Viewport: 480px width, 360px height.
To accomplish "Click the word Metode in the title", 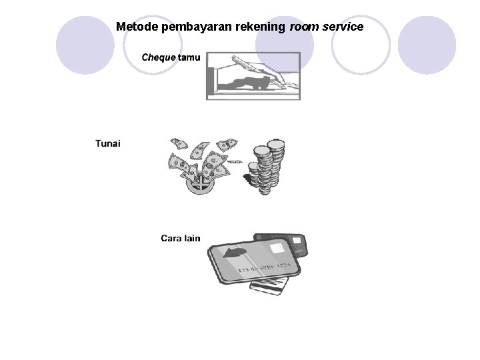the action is click(137, 27).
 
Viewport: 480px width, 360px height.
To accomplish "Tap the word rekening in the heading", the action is click(256, 27).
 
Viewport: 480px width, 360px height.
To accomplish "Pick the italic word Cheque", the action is click(159, 57).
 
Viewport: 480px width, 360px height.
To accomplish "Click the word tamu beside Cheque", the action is click(189, 57).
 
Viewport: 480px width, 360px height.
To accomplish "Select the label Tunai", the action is click(108, 144).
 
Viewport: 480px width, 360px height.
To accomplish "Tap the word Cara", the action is click(171, 238).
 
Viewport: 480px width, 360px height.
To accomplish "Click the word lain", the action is click(193, 238).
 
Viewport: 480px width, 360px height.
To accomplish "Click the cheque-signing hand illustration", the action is click(253, 77).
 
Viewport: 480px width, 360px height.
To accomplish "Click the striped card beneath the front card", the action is click(269, 286).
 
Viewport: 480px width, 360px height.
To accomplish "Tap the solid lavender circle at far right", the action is click(427, 45).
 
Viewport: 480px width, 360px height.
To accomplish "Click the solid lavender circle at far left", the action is click(85, 45).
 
